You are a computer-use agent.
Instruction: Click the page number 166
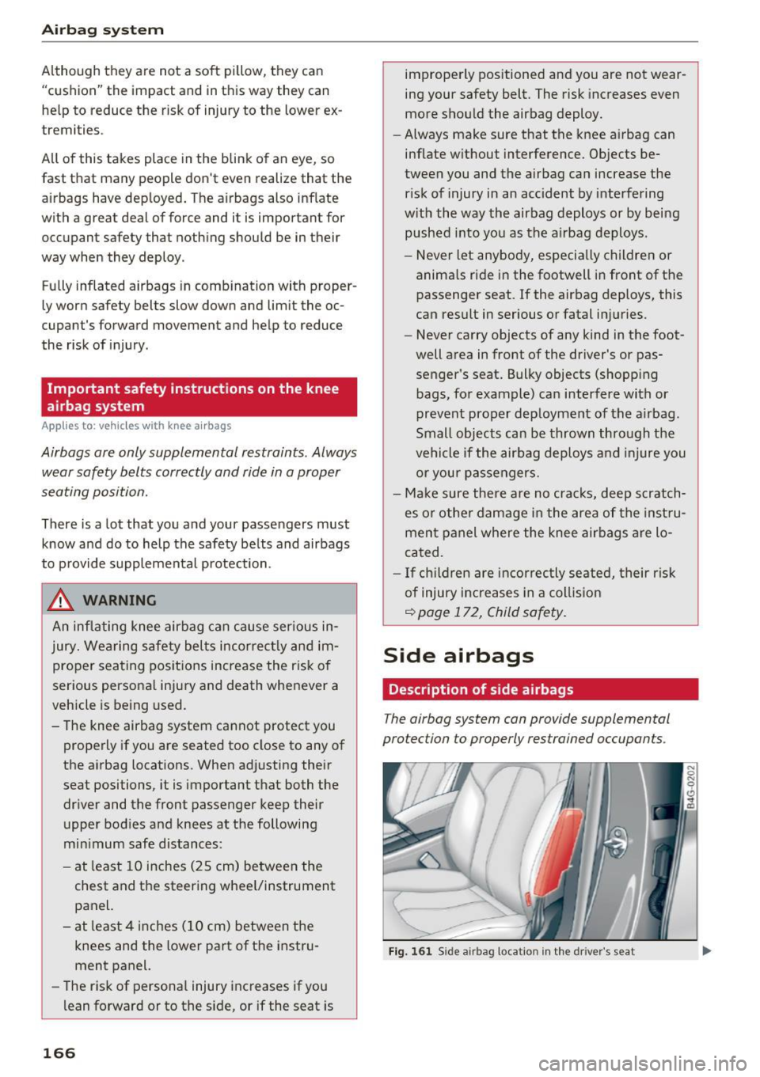point(59,1052)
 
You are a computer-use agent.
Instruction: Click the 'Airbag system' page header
point(102,30)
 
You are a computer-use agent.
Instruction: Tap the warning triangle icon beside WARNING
point(60,601)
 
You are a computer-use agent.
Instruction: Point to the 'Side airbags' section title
point(458,655)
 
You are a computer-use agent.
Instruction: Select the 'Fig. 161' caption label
point(410,951)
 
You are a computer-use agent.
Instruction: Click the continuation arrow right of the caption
point(707,951)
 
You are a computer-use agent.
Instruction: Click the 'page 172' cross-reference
point(448,612)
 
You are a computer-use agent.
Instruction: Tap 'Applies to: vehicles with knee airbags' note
point(136,426)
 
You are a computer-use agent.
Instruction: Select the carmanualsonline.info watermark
point(642,1062)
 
